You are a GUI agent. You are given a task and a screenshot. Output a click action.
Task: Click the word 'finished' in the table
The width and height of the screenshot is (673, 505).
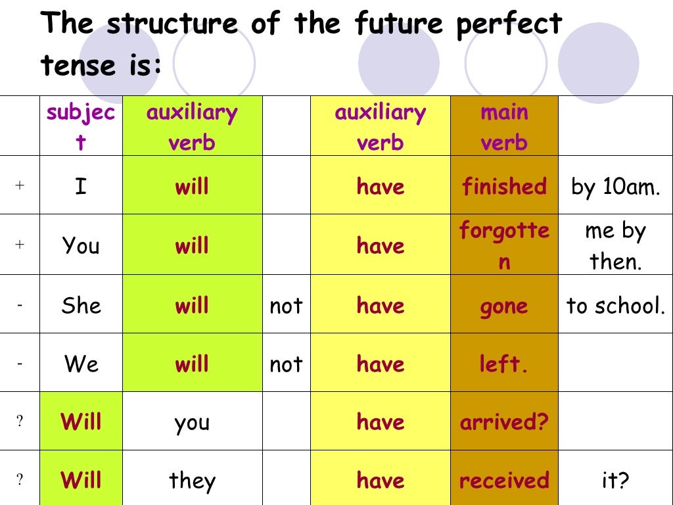504,187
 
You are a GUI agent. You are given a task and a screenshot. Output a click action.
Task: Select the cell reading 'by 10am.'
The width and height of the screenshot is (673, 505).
615,187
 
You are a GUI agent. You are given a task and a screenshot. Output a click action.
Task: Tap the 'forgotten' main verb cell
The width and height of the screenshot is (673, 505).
504,245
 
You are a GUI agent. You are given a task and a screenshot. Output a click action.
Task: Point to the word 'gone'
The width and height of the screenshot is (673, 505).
504,306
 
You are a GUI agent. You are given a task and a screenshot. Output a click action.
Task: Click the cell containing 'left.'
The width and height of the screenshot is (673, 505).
504,364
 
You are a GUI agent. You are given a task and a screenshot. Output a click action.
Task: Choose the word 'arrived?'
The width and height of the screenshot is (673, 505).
504,422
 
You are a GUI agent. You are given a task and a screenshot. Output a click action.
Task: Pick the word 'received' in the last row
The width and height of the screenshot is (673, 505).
504,481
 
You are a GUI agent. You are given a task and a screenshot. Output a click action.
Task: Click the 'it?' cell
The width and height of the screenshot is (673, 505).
615,481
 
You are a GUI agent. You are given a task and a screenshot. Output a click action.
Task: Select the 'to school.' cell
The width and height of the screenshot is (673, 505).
616,305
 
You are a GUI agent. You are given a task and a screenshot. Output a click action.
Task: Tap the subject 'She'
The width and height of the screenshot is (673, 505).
80,305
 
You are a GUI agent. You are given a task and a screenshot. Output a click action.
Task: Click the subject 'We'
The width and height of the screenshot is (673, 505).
80,364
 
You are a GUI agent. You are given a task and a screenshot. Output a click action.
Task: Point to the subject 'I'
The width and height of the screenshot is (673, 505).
81,187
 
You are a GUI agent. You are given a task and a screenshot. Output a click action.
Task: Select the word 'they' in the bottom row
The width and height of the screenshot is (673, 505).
192,481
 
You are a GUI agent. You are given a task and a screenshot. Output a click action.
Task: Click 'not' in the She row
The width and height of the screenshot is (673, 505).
286,306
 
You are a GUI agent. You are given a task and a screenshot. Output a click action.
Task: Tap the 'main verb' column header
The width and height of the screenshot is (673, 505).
504,127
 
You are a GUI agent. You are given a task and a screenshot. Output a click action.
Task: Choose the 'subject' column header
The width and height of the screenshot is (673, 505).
80,127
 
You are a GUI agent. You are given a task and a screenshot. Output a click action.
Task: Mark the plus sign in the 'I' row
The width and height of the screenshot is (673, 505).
20,185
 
